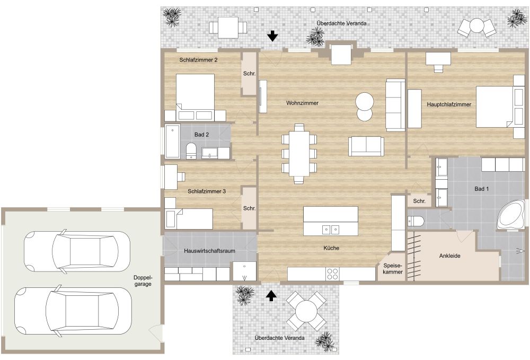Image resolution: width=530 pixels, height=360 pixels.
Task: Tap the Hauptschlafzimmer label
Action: coord(449,104)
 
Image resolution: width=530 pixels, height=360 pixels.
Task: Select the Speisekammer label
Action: coord(393,268)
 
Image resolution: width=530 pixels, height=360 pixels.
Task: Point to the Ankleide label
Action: coord(449,256)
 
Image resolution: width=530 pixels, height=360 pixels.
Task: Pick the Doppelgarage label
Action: coord(143,281)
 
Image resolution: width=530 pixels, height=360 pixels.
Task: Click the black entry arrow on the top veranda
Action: coord(272,36)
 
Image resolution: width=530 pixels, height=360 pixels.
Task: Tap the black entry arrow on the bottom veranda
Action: coord(271,295)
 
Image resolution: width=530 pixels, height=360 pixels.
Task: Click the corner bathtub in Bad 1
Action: coord(511,215)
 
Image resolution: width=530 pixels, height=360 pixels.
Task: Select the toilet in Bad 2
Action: coord(191,150)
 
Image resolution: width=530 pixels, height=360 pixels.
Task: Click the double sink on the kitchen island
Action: coord(331,229)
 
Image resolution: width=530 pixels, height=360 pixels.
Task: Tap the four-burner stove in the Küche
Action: coord(332,274)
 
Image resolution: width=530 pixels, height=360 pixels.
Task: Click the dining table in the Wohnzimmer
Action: coord(299,152)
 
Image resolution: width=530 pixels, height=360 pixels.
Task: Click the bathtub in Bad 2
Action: coord(172,142)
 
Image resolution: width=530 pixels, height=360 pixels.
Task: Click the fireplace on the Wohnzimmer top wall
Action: coord(341,54)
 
